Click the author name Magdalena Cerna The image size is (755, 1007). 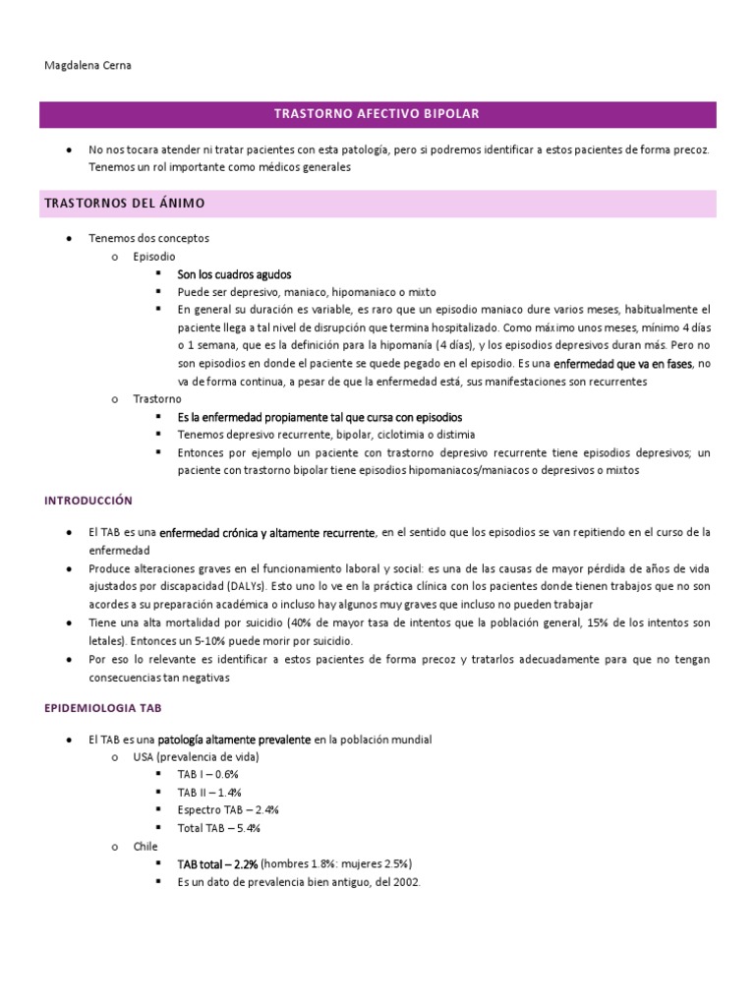click(88, 65)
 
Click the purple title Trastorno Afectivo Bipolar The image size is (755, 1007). click(377, 114)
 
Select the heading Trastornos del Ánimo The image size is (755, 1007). click(124, 204)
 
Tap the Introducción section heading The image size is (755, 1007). click(88, 501)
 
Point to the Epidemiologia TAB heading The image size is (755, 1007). click(103, 707)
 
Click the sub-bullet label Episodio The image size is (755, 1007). click(155, 256)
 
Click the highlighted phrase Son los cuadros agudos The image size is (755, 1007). click(234, 274)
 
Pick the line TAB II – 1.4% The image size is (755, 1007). click(209, 792)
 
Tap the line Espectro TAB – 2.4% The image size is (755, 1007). click(228, 809)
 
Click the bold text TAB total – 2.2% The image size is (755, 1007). click(217, 863)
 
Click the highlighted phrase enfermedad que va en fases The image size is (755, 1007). click(623, 364)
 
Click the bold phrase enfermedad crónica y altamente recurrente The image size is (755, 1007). click(267, 533)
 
